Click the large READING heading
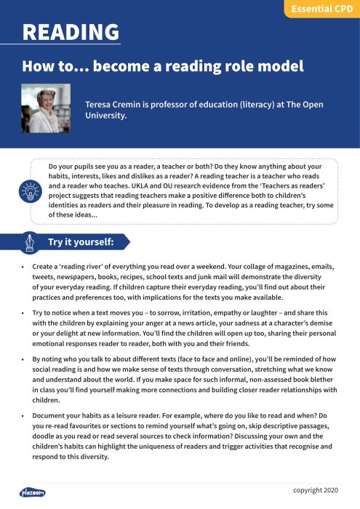[71, 33]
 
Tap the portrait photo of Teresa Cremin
[46, 108]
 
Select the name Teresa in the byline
[102, 104]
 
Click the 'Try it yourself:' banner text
[80, 241]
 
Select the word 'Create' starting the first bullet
[44, 267]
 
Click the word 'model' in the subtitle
[279, 67]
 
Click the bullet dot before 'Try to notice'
[23, 312]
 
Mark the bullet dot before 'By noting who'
[23, 358]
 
